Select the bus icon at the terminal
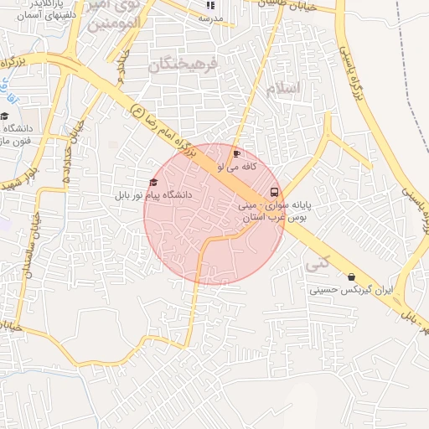point(275,191)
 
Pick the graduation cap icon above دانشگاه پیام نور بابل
point(152,182)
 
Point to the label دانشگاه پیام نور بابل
point(153,194)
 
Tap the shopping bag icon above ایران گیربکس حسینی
point(350,277)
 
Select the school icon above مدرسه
point(209,5)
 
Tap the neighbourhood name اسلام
point(282,89)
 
